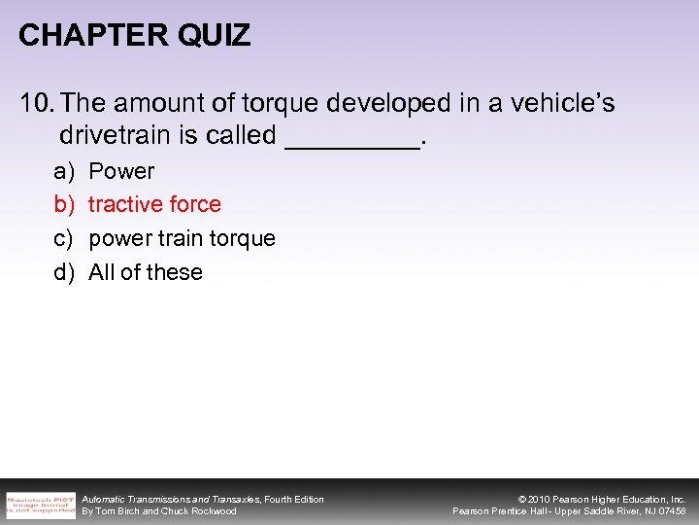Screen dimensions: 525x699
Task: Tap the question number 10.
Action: (35, 104)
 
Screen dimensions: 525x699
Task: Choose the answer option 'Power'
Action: (121, 171)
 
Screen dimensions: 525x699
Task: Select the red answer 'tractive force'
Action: (154, 204)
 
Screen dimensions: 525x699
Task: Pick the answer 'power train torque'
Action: (182, 238)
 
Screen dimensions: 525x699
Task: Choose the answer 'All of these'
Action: (146, 272)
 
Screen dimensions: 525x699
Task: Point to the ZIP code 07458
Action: (671, 511)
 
